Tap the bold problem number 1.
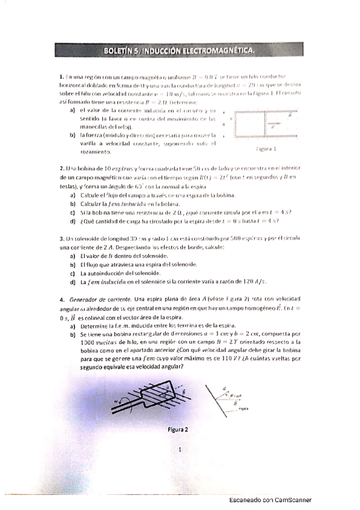pyautogui.click(x=62, y=77)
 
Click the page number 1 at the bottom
pyautogui.click(x=179, y=449)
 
